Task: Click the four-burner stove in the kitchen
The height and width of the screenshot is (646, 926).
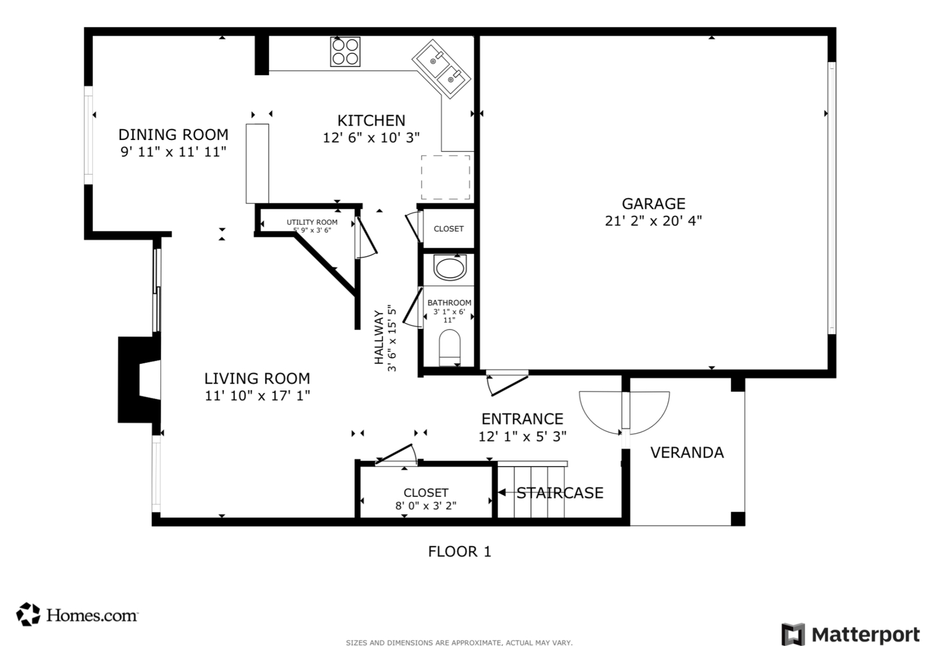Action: [x=345, y=51]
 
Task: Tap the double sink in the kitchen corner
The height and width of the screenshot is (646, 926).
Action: [x=441, y=67]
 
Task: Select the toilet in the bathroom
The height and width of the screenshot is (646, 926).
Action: [x=450, y=347]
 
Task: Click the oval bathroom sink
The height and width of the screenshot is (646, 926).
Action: [x=450, y=267]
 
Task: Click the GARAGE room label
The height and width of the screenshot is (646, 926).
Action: [x=653, y=203]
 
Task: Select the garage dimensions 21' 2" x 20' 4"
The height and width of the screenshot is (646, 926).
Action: [x=653, y=221]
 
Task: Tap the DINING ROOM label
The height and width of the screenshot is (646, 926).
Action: [x=173, y=134]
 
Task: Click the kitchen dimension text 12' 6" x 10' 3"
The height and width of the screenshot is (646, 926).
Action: [x=371, y=138]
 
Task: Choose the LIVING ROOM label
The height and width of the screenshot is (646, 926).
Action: [x=257, y=378]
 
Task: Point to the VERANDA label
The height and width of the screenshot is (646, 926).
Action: [x=687, y=452]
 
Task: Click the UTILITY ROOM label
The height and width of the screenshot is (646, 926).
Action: [x=312, y=222]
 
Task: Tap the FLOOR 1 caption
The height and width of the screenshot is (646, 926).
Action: [x=459, y=551]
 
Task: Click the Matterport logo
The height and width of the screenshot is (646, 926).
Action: [x=850, y=634]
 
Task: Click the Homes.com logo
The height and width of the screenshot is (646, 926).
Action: [x=78, y=614]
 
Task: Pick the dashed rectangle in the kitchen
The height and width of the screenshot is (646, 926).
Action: [x=445, y=177]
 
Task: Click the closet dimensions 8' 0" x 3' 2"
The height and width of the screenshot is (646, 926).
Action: [x=425, y=505]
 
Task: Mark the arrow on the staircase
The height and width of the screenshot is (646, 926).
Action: [x=503, y=492]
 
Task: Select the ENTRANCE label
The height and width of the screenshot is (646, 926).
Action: [x=522, y=419]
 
